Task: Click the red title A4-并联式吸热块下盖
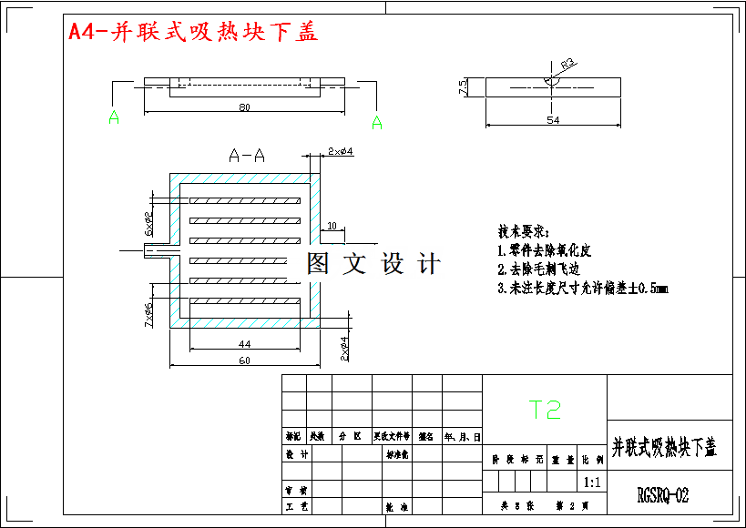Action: click(193, 32)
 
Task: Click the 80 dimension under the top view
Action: click(244, 107)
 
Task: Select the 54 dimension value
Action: click(553, 119)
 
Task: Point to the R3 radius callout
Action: click(567, 65)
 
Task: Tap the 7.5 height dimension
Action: click(463, 87)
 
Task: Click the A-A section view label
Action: click(247, 156)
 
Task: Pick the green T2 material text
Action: click(547, 410)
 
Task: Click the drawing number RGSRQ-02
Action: click(663, 495)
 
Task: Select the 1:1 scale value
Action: click(591, 482)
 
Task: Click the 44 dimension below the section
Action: click(244, 344)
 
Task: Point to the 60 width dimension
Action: click(244, 361)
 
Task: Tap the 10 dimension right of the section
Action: click(331, 225)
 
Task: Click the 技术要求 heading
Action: click(524, 230)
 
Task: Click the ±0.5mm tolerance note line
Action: click(583, 289)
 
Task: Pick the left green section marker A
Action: click(114, 117)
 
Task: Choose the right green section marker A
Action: click(376, 123)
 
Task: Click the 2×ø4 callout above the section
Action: click(341, 151)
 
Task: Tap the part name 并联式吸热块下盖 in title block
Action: click(664, 447)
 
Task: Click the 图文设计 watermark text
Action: click(373, 264)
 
